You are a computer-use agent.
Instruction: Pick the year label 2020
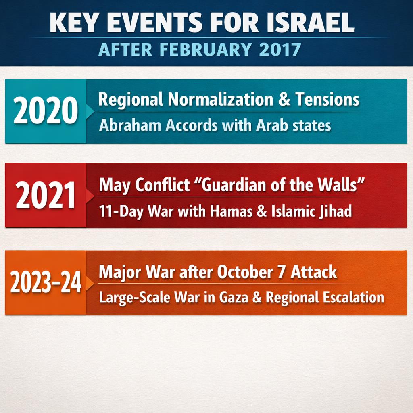pos(46,111)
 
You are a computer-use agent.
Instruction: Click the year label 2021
pos(46,196)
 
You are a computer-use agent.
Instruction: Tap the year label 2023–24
pos(46,283)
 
